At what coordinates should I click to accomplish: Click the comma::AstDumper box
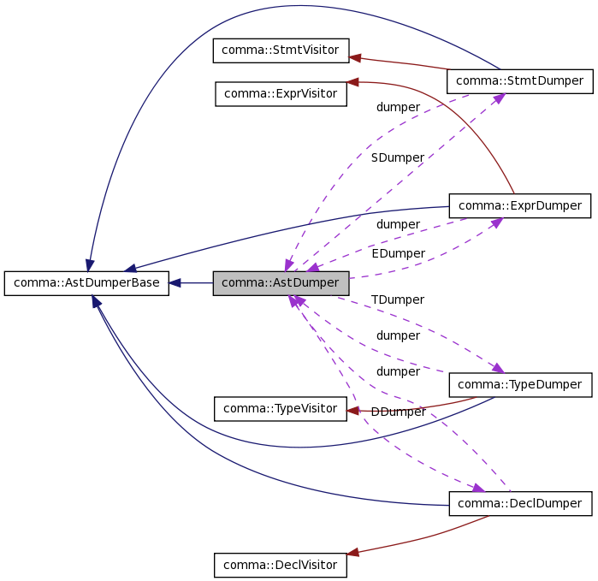coord(281,283)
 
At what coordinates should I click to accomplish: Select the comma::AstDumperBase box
coord(86,283)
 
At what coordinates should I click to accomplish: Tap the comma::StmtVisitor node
coord(281,50)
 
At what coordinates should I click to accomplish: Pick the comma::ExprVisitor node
coord(281,93)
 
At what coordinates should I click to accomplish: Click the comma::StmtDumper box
coord(519,81)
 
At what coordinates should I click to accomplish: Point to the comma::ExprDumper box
coord(519,205)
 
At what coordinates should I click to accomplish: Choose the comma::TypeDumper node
coord(519,385)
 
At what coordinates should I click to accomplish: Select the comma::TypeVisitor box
coord(281,409)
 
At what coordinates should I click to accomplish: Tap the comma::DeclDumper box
coord(519,504)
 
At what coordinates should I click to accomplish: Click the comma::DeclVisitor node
coord(281,565)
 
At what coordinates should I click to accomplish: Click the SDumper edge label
coord(397,157)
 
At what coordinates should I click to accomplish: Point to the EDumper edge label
coord(398,253)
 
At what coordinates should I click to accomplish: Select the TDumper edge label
coord(398,299)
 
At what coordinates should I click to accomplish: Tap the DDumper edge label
coord(398,412)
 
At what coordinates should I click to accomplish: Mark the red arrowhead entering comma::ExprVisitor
coord(352,83)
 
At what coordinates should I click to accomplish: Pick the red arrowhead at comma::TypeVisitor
coord(352,411)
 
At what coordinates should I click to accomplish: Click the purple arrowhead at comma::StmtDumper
coord(498,98)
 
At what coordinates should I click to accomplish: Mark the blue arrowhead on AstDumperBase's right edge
coord(175,282)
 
